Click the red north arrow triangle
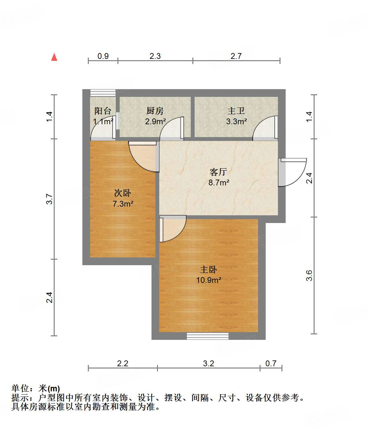(54, 57)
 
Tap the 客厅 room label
(218, 172)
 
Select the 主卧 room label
(208, 269)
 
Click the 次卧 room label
(123, 193)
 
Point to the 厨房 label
(155, 111)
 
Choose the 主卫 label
(236, 111)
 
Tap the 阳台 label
(103, 111)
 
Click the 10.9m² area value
(208, 280)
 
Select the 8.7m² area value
(219, 183)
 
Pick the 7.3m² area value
(123, 204)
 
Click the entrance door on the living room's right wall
(292, 172)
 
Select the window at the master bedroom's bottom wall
(208, 336)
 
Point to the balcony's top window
(103, 93)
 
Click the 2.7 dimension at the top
(236, 56)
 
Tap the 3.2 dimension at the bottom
(208, 363)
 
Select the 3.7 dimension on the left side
(49, 199)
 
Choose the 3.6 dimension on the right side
(309, 275)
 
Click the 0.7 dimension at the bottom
(271, 363)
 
